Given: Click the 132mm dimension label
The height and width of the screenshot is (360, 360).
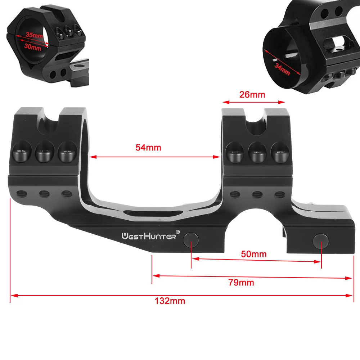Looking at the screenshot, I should coord(170,301).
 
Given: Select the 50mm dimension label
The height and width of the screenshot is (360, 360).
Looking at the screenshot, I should coord(254,254).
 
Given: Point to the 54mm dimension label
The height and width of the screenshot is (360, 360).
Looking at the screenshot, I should coord(148,147).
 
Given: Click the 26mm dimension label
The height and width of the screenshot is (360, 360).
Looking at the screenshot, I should coord(252,95).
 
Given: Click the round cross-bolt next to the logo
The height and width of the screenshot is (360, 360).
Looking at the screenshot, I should coord(190,239).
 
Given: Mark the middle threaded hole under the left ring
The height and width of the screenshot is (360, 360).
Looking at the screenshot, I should coord(45,194).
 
